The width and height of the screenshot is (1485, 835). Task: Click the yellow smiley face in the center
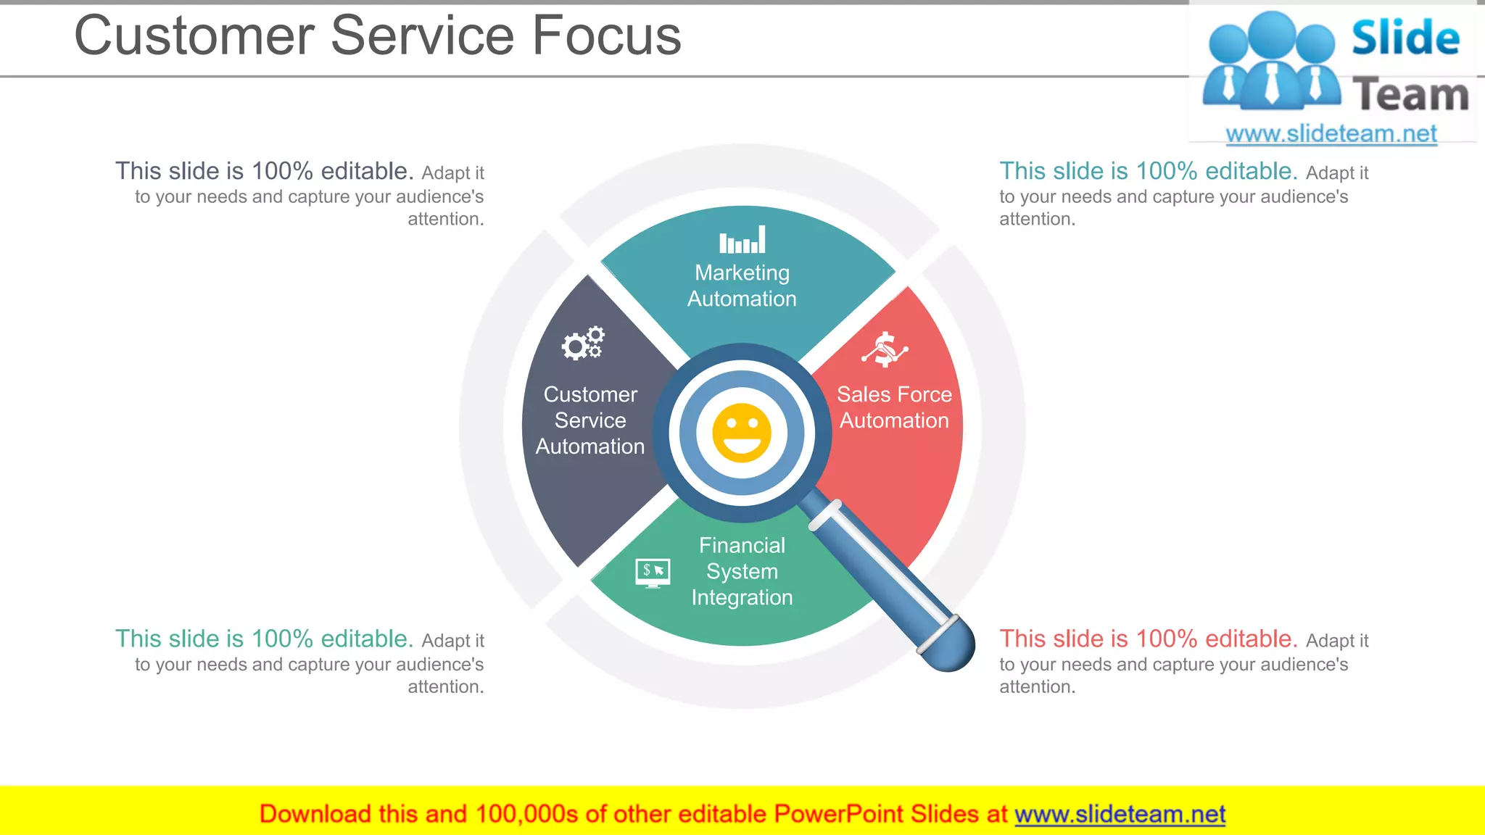tap(741, 433)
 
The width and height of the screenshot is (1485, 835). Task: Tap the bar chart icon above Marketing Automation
tap(742, 239)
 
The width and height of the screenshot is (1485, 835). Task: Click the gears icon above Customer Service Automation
tap(583, 343)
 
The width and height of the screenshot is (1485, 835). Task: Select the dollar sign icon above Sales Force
tap(885, 349)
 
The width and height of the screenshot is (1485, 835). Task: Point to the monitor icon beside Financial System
tap(653, 572)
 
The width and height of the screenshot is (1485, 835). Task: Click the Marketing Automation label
tap(742, 286)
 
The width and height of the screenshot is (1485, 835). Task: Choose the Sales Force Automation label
tap(894, 407)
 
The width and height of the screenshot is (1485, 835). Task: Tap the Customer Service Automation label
tap(590, 420)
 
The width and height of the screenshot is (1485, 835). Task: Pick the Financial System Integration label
tap(742, 571)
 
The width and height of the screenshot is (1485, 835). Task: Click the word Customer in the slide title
tap(194, 36)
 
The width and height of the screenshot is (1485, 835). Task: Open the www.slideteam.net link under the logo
tap(1331, 133)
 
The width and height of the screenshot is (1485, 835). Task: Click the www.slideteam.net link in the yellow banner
tap(1120, 814)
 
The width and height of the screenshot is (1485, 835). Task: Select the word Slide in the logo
tap(1405, 38)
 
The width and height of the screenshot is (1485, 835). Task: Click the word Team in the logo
tap(1410, 95)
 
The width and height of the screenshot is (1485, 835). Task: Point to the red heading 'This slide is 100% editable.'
tap(1148, 639)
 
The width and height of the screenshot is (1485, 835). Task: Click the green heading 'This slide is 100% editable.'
tap(264, 639)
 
